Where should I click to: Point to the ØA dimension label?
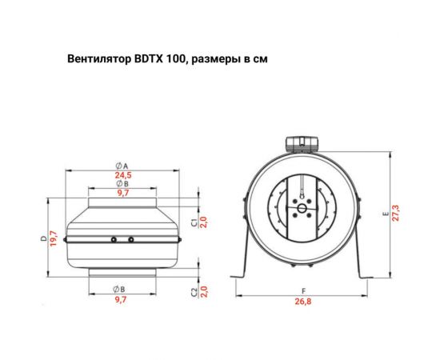pos(122,165)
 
